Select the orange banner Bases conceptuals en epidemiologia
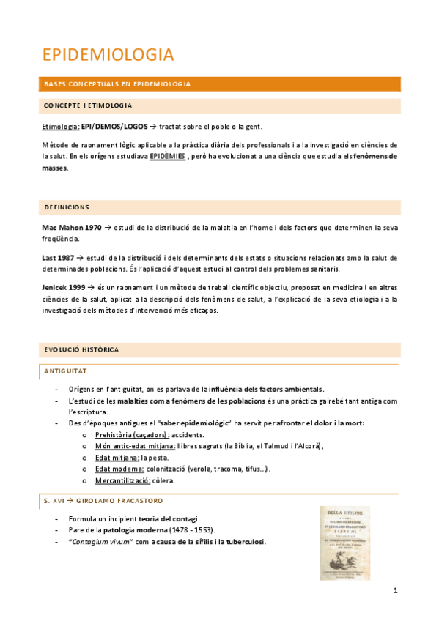[x=117, y=84]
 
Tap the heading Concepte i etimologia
[x=88, y=105]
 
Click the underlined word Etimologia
[x=60, y=127]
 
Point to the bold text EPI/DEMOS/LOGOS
[x=114, y=127]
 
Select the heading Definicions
[x=67, y=207]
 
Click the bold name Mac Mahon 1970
[x=72, y=228]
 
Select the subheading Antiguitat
[x=66, y=371]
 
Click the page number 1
[x=394, y=591]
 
